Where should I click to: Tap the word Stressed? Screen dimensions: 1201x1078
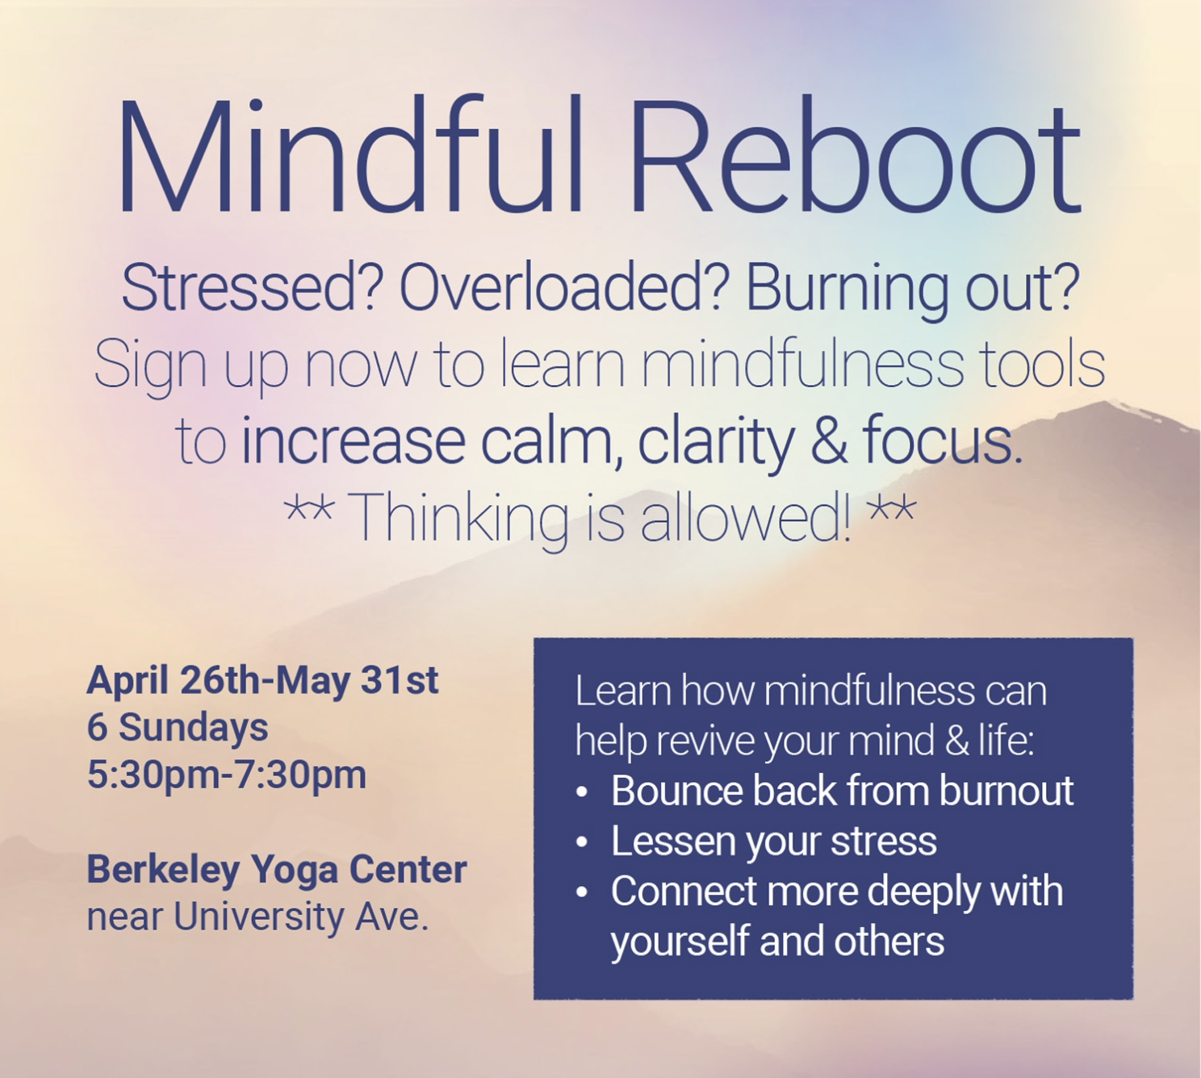point(249,288)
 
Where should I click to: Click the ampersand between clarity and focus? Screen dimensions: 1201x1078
point(828,441)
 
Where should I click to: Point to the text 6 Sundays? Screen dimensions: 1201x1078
point(178,729)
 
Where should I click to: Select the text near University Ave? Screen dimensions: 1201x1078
point(257,917)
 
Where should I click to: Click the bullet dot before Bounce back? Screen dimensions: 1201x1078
point(582,792)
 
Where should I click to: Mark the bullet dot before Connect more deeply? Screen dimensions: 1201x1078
point(582,892)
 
